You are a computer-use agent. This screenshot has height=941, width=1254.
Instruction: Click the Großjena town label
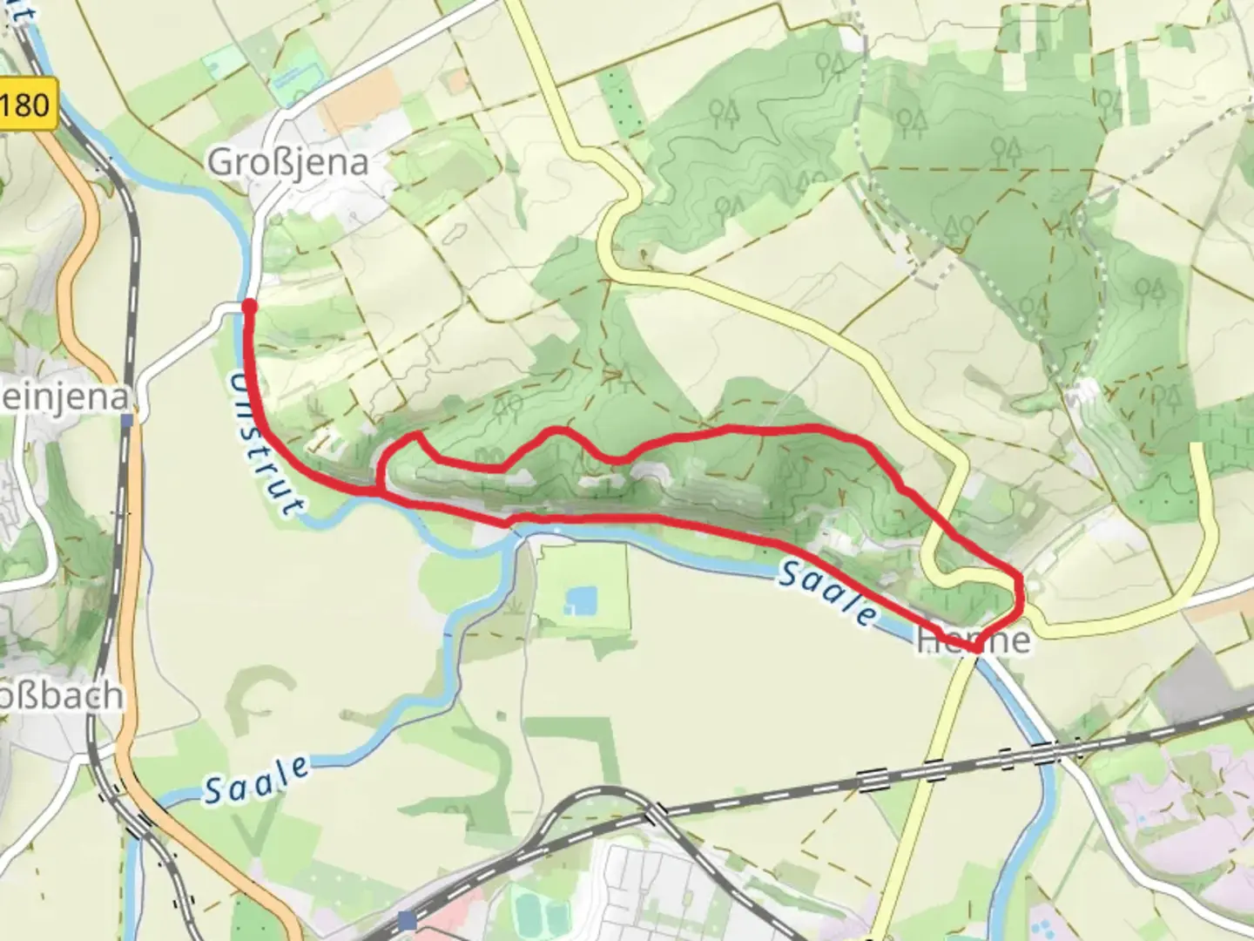[x=287, y=162]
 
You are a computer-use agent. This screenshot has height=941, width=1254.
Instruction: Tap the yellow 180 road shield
[x=26, y=105]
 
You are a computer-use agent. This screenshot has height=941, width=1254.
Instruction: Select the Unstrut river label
[x=265, y=443]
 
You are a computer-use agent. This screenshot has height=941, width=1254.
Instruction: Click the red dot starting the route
[x=249, y=306]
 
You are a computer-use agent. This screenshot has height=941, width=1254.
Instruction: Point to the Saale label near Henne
[x=826, y=592]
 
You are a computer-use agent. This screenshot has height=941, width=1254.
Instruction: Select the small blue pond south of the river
[x=581, y=599]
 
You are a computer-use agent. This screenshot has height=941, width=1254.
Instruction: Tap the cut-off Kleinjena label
[x=65, y=398]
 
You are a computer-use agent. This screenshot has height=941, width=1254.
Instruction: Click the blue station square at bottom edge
[x=407, y=919]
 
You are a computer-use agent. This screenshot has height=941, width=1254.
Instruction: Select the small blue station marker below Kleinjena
[x=128, y=420]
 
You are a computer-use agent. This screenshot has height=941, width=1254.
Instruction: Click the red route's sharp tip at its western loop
[x=417, y=433]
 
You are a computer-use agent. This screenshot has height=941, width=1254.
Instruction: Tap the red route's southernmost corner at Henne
[x=977, y=648]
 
